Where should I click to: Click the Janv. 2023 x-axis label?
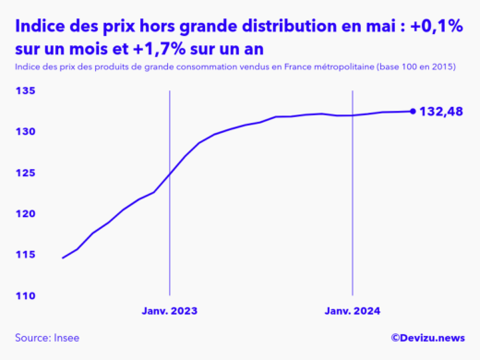(x=169, y=312)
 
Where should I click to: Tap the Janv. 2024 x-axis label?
(x=352, y=312)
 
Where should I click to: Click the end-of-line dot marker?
(x=413, y=111)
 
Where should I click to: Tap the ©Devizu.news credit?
(x=427, y=339)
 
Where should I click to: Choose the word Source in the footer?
(x=33, y=339)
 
